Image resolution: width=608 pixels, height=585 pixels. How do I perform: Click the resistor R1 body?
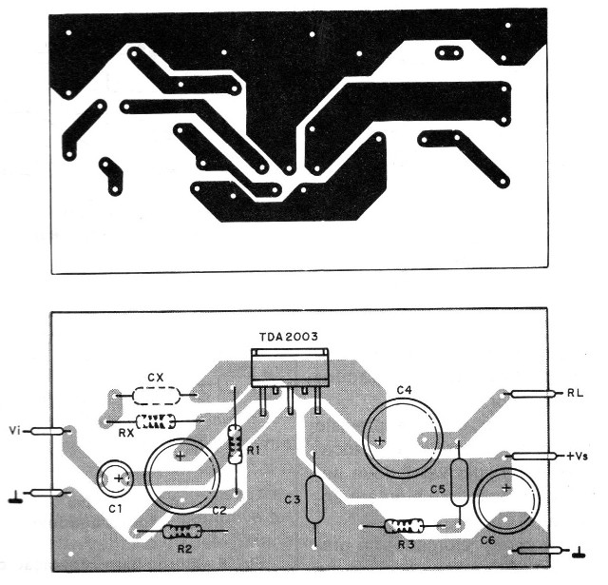point(235,444)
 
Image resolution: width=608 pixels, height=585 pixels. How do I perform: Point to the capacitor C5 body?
point(461,482)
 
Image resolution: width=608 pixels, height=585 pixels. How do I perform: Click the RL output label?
point(575,392)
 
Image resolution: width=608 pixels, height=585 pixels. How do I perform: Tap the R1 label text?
point(253,450)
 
